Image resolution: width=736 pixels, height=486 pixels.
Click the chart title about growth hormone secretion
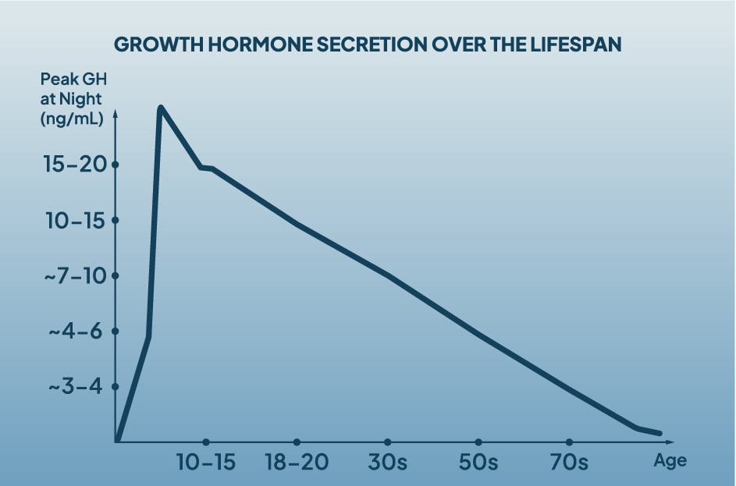click(368, 44)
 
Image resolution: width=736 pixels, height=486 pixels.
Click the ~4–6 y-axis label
click(76, 332)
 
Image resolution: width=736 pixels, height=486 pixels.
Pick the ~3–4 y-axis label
click(76, 387)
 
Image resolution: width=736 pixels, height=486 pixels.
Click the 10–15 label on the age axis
click(206, 462)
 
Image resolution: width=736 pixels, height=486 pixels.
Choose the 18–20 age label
click(297, 462)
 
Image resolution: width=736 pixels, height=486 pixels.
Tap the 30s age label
click(388, 462)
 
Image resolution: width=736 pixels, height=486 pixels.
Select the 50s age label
click(478, 462)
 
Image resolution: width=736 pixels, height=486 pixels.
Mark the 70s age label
click(569, 462)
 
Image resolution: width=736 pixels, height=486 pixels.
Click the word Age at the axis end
click(670, 460)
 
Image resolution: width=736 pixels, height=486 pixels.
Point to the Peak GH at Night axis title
click(72, 100)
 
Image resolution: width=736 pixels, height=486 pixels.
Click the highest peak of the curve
click(160, 107)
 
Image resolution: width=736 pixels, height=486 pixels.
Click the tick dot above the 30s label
click(388, 442)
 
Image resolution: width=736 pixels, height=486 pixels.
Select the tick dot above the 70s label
click(569, 442)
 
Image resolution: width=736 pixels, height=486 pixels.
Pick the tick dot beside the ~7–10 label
click(116, 276)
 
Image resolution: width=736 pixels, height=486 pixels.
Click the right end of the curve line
click(660, 433)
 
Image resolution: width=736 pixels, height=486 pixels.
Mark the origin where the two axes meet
click(116, 442)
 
